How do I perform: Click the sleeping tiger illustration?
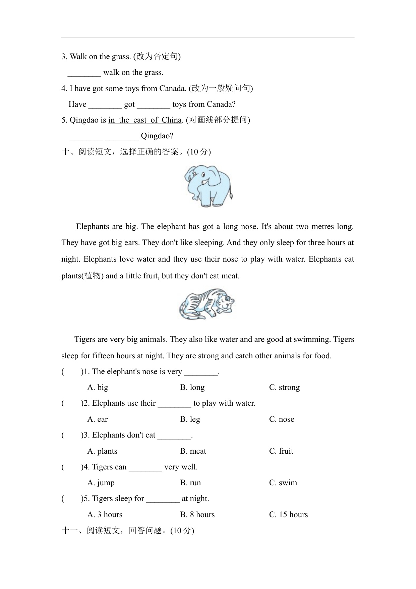coord(206,304)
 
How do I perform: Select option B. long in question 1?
coord(192,387)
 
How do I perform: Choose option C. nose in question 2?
coord(282,419)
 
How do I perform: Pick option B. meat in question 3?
coord(193,451)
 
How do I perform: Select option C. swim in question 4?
coord(283,483)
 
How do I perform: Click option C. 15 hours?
coord(288,514)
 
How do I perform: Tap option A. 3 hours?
coord(105,514)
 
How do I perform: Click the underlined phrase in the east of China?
coord(145,120)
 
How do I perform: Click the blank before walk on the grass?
coord(84,73)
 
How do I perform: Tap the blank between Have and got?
coord(105,105)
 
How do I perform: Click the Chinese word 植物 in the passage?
coord(93,276)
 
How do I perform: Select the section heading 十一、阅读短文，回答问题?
coord(127,530)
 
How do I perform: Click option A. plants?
coord(102,451)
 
